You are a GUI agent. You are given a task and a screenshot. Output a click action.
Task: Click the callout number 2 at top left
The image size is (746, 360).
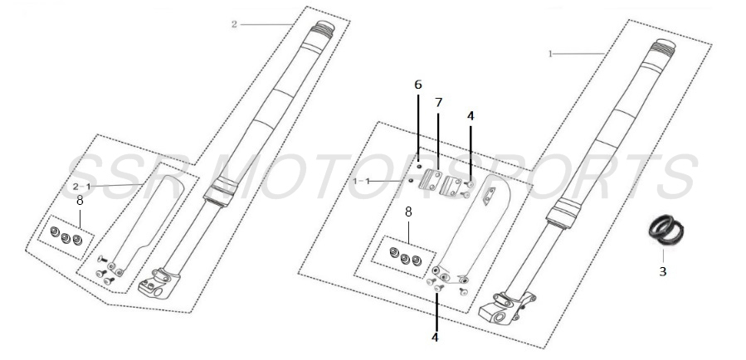pyautogui.click(x=235, y=24)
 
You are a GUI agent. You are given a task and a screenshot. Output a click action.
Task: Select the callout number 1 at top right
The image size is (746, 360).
pyautogui.click(x=550, y=53)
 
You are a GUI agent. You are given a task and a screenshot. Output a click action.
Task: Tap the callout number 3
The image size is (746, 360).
pyautogui.click(x=661, y=270)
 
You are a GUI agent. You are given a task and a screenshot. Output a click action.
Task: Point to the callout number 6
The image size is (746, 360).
pyautogui.click(x=418, y=85)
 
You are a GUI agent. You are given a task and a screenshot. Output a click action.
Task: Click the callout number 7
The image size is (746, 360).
pyautogui.click(x=439, y=102)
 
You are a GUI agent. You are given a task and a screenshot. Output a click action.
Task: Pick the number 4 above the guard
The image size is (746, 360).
pyautogui.click(x=471, y=117)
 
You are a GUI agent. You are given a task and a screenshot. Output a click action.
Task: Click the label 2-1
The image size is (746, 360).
pyautogui.click(x=80, y=186)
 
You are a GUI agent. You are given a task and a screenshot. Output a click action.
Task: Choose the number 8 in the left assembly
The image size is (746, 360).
pyautogui.click(x=80, y=200)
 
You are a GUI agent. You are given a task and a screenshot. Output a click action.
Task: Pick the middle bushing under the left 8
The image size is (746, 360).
pyautogui.click(x=66, y=240)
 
